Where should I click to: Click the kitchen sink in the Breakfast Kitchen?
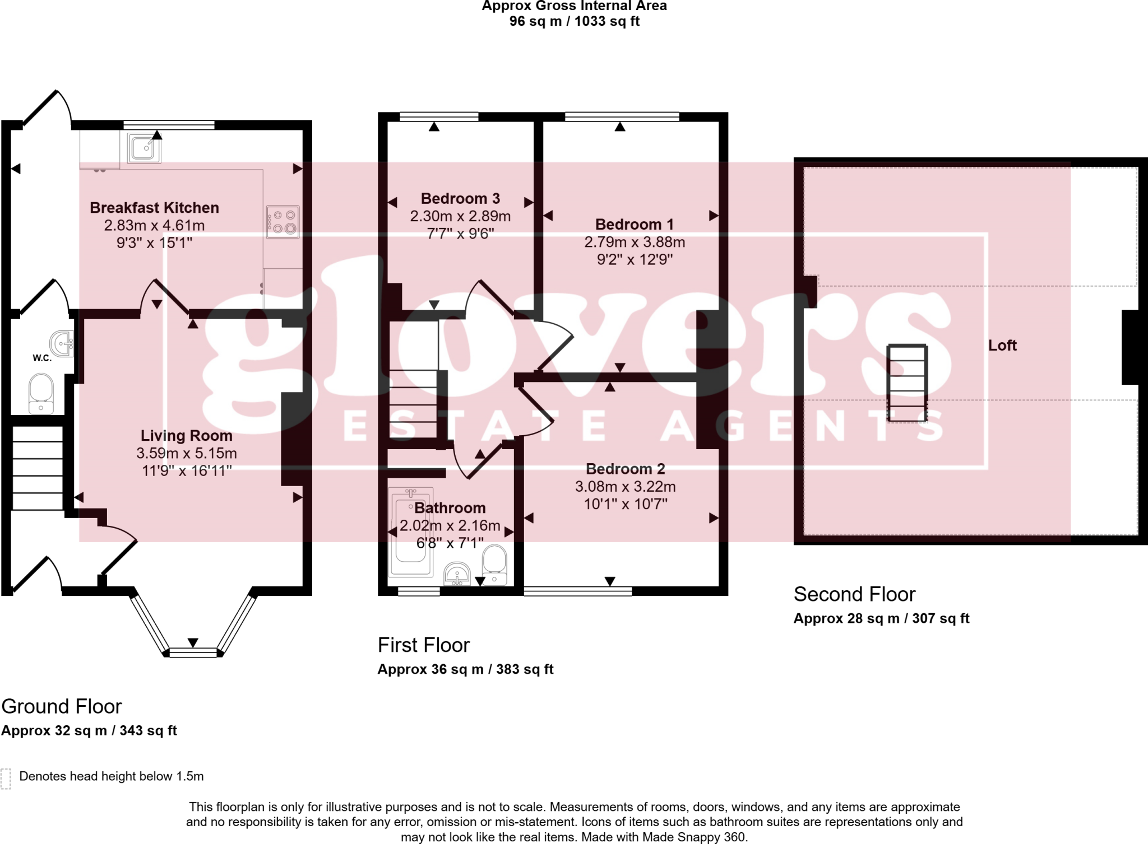[144, 148]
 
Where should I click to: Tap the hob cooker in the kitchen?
[283, 222]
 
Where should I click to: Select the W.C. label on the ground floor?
[42, 358]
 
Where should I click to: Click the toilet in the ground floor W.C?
[41, 394]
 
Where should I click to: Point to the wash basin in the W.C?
[62, 343]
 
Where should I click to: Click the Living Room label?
[186, 436]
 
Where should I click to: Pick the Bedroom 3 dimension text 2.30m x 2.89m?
[460, 216]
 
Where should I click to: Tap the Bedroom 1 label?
[634, 225]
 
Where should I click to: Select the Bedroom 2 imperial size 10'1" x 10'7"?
[626, 504]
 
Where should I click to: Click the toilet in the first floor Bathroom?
[494, 565]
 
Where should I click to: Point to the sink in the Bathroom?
[457, 575]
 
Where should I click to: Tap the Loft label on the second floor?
[1002, 346]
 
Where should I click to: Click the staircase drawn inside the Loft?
[906, 383]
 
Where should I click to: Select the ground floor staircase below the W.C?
[38, 468]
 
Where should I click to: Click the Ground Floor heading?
[62, 707]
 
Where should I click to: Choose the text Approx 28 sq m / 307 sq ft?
[881, 618]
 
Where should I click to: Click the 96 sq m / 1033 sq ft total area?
[574, 21]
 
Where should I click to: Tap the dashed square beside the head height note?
[6, 778]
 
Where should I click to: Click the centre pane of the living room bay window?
[193, 652]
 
